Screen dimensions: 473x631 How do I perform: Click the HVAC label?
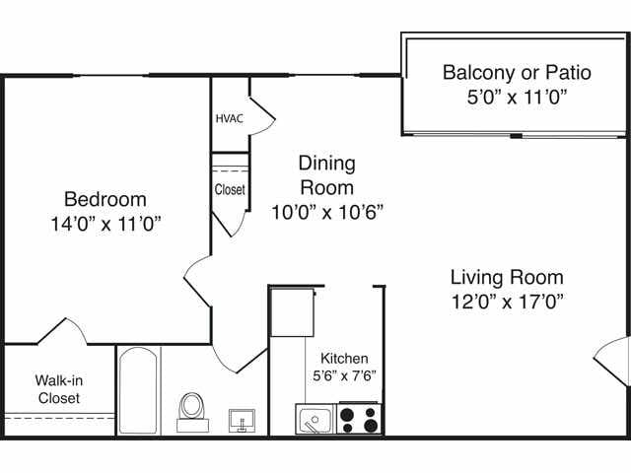pyautogui.click(x=229, y=118)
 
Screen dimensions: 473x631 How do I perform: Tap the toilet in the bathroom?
pyautogui.click(x=192, y=410)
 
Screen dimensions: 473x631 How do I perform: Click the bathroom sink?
pyautogui.click(x=243, y=420)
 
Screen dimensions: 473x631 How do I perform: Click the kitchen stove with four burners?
pyautogui.click(x=360, y=419)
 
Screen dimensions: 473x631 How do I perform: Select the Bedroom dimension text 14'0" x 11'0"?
pyautogui.click(x=105, y=223)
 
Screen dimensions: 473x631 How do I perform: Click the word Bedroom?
pyautogui.click(x=105, y=198)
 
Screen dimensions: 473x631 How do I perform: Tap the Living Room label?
pyautogui.click(x=507, y=277)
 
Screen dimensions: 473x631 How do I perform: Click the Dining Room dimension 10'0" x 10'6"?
pyautogui.click(x=327, y=211)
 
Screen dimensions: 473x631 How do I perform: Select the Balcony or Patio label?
pyautogui.click(x=516, y=72)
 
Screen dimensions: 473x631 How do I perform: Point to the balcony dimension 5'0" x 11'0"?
pyautogui.click(x=516, y=97)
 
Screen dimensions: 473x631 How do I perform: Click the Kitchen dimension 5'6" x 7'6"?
pyautogui.click(x=344, y=375)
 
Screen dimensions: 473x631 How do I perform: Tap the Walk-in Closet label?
pyautogui.click(x=58, y=389)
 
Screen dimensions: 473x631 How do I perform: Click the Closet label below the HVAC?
pyautogui.click(x=230, y=189)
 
